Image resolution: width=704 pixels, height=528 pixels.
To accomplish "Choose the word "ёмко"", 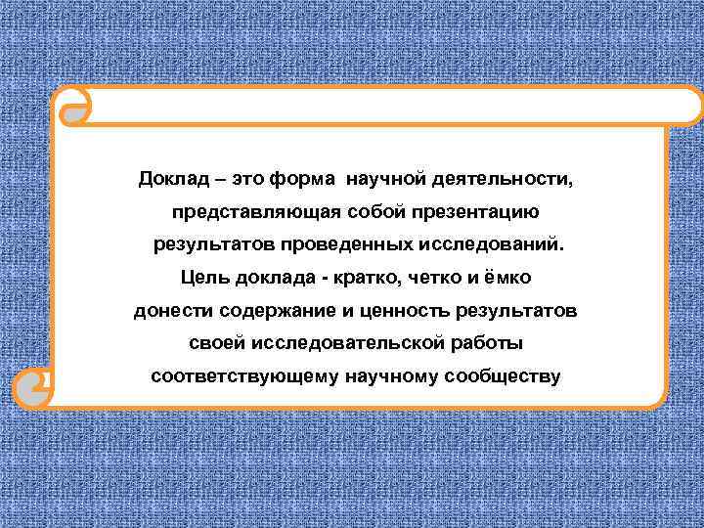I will (506, 278).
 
